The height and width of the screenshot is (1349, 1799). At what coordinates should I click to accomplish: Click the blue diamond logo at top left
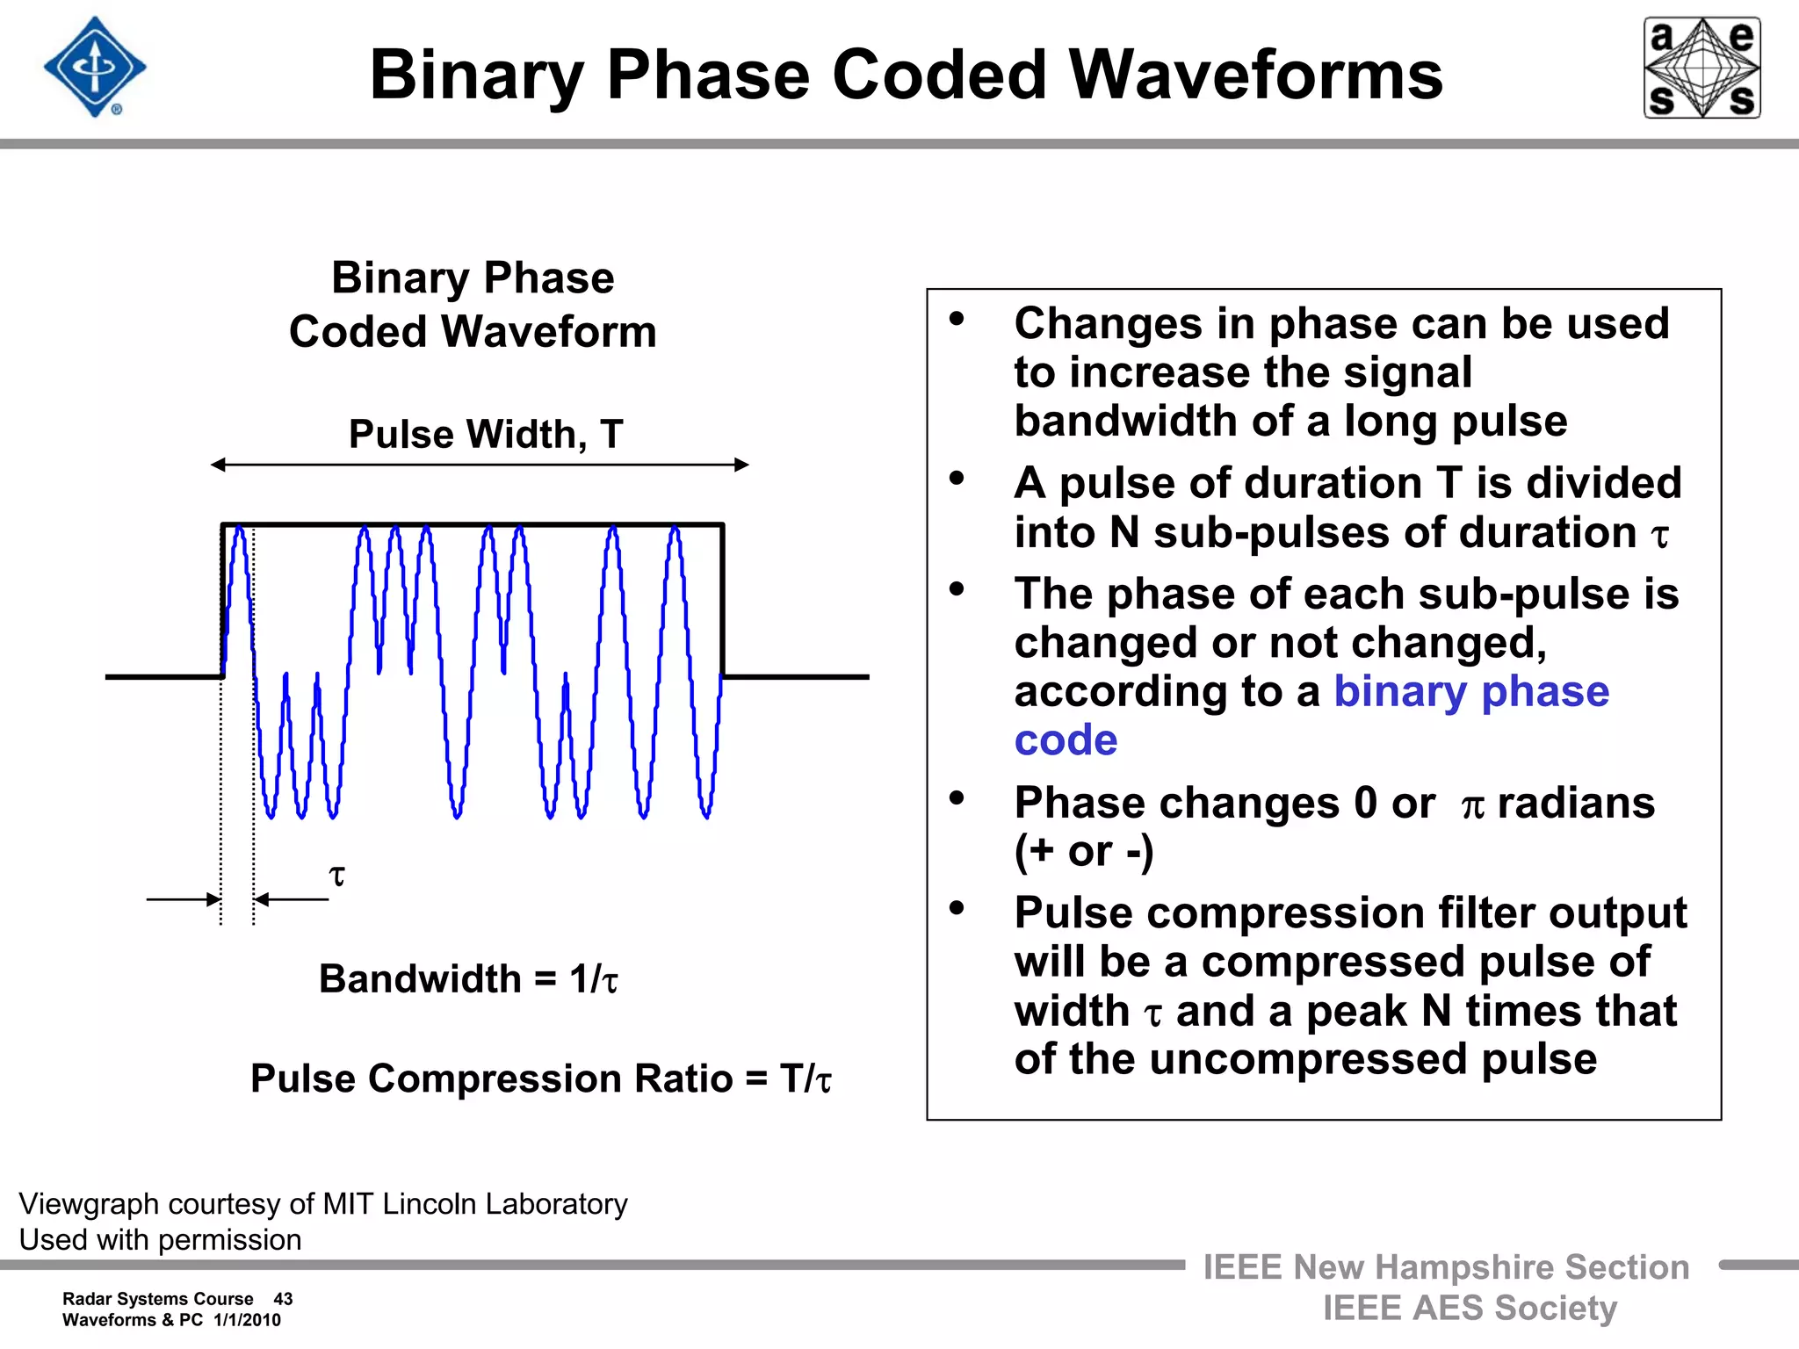tap(95, 68)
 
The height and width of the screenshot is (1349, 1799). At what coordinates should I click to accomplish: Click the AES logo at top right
tap(1701, 68)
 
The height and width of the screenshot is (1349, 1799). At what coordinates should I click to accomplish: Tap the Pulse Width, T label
tap(486, 434)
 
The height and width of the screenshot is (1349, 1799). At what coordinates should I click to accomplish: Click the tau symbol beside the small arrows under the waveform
tap(336, 876)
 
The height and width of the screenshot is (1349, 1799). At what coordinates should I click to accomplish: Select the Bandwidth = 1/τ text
tap(468, 978)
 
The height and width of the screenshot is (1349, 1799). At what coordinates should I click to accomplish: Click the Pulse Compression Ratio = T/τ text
tap(540, 1078)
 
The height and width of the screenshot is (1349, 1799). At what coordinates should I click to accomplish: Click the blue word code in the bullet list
tap(1066, 739)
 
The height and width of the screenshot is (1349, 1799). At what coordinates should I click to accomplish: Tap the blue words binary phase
tap(1471, 691)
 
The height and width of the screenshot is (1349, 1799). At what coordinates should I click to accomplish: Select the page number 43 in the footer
tap(283, 1299)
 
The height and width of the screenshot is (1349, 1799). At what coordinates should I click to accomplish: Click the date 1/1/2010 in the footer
tap(247, 1320)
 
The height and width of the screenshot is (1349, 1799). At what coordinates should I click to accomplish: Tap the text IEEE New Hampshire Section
tap(1446, 1267)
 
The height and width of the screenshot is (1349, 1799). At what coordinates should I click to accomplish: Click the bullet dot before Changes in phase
tap(957, 319)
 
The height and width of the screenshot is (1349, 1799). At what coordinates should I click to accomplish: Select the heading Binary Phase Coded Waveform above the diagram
tap(473, 305)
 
